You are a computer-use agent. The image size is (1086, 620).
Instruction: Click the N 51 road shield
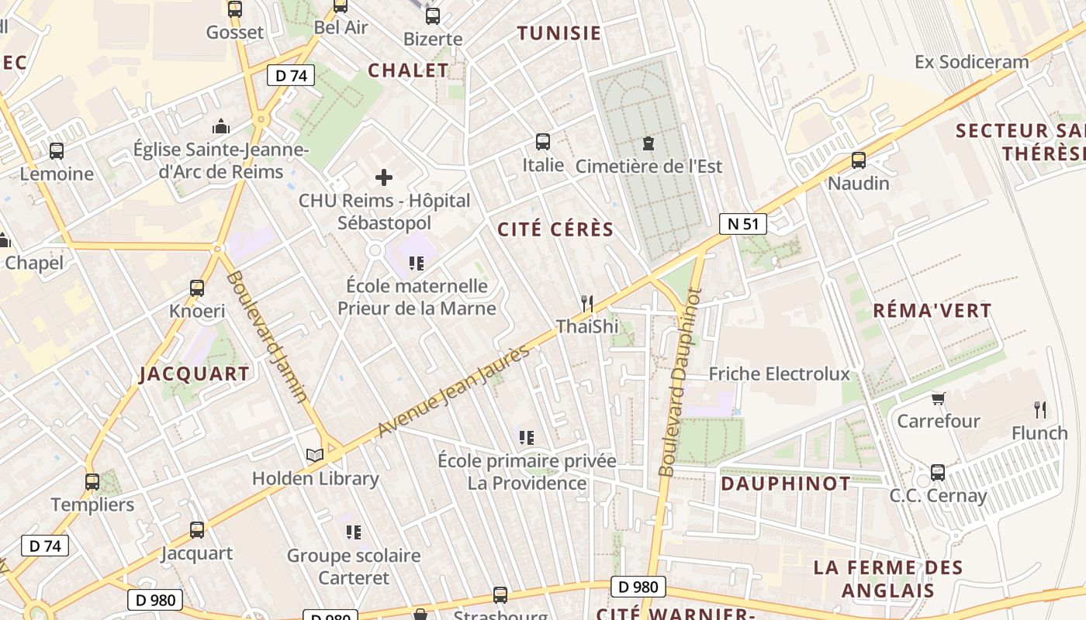pyautogui.click(x=742, y=224)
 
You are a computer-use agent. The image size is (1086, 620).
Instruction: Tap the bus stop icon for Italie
pyautogui.click(x=543, y=142)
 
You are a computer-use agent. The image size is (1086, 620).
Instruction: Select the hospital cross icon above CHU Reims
pyautogui.click(x=384, y=177)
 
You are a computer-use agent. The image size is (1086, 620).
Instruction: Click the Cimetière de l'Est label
pyautogui.click(x=648, y=166)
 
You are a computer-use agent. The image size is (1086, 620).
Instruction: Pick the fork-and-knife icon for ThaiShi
pyautogui.click(x=587, y=303)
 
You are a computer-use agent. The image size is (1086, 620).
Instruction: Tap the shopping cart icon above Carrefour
pyautogui.click(x=939, y=399)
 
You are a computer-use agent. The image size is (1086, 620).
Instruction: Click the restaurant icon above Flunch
pyautogui.click(x=1039, y=410)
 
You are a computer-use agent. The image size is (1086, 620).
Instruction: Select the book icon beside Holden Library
pyautogui.click(x=314, y=456)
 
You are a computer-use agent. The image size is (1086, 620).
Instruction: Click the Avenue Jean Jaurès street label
pyautogui.click(x=455, y=390)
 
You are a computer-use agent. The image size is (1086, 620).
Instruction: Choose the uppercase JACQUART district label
pyautogui.click(x=195, y=374)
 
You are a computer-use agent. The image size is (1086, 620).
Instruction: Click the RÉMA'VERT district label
pyautogui.click(x=932, y=311)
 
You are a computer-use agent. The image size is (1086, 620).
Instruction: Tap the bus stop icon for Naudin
pyautogui.click(x=859, y=160)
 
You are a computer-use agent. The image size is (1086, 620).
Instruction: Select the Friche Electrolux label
pyautogui.click(x=780, y=374)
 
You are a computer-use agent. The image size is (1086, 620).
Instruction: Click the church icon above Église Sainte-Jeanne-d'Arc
pyautogui.click(x=221, y=126)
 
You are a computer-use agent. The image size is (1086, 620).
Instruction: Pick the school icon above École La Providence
pyautogui.click(x=527, y=438)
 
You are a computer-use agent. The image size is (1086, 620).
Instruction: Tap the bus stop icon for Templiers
pyautogui.click(x=92, y=482)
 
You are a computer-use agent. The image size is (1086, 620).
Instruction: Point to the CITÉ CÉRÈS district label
pyautogui.click(x=555, y=229)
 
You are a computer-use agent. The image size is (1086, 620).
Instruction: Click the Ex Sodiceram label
pyautogui.click(x=972, y=62)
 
